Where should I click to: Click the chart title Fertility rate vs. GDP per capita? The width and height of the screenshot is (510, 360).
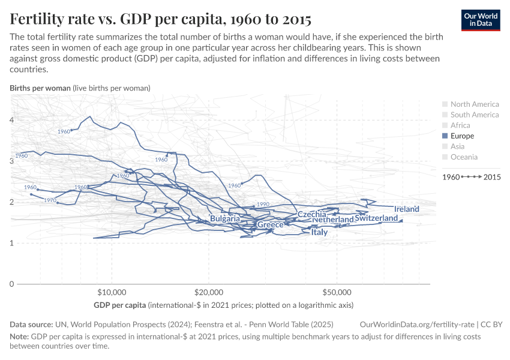(x=160, y=19)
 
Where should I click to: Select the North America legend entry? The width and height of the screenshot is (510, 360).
(x=474, y=104)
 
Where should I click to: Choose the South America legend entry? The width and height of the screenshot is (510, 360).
(x=474, y=115)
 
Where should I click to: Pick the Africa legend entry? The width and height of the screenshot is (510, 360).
(x=460, y=125)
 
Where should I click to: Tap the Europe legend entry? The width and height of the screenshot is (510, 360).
(x=462, y=136)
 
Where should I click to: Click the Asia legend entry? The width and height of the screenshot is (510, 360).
(x=457, y=146)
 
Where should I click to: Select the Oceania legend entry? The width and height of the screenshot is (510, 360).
(x=464, y=157)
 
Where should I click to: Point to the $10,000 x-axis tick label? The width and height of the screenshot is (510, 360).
(x=111, y=293)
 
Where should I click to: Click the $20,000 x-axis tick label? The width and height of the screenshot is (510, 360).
(x=208, y=293)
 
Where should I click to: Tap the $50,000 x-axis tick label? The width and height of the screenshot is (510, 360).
(x=337, y=293)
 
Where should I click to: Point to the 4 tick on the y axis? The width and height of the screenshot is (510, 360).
(x=11, y=120)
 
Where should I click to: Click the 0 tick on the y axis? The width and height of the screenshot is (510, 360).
(x=11, y=284)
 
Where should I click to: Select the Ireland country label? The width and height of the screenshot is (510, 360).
(x=407, y=209)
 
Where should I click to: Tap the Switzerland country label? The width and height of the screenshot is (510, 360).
(x=376, y=218)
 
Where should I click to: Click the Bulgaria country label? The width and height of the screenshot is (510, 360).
(x=225, y=219)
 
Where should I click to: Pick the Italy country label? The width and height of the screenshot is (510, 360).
(x=319, y=232)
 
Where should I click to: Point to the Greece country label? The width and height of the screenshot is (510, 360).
(x=270, y=225)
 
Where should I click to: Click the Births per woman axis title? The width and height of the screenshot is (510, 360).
(x=40, y=88)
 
